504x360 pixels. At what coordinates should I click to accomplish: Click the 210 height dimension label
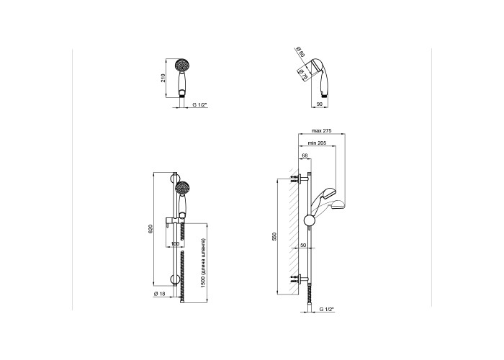tap(163, 78)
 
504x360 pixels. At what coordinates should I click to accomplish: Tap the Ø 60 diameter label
tap(300, 52)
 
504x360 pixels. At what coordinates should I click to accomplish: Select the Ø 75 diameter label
tap(302, 75)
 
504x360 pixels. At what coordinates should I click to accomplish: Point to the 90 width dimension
tap(320, 104)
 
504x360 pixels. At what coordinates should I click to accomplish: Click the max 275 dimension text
tap(321, 131)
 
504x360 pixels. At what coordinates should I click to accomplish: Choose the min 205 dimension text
tap(317, 143)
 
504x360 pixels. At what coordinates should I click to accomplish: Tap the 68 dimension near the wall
tap(305, 156)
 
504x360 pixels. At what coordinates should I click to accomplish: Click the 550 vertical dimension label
tap(274, 236)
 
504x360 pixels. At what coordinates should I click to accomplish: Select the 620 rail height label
tap(150, 229)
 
